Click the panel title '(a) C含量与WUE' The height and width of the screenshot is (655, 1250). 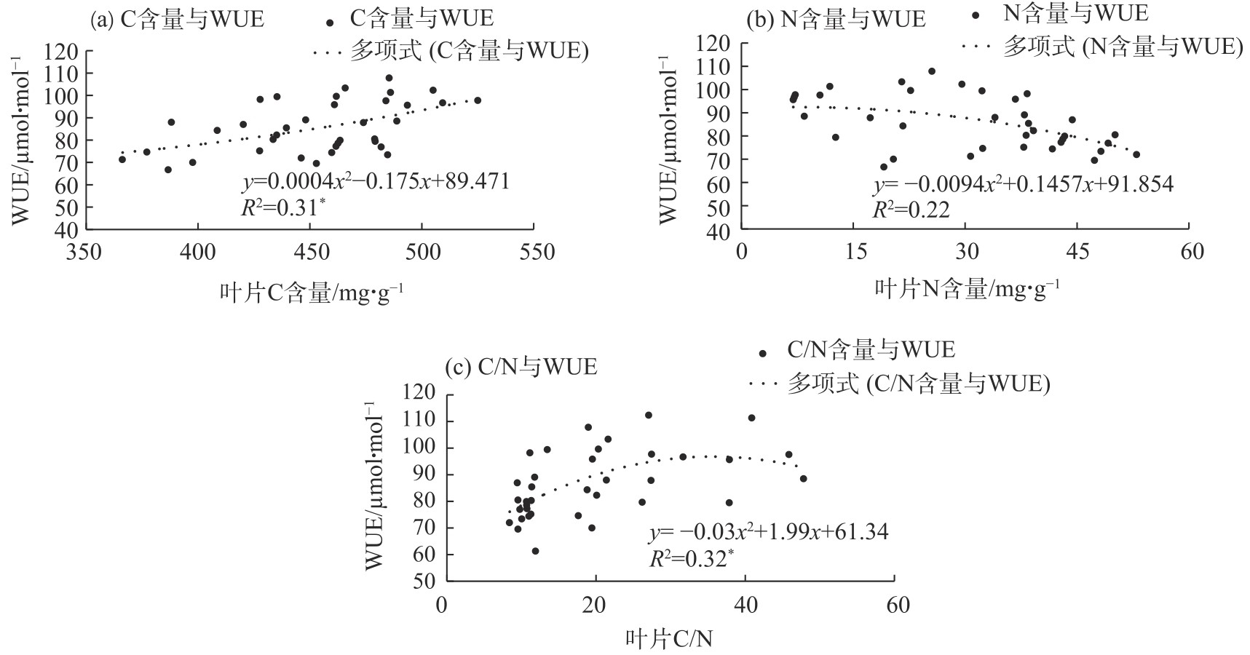click(177, 20)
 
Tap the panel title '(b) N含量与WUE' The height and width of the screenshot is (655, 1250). click(836, 20)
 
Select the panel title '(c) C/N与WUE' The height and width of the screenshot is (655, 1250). click(521, 367)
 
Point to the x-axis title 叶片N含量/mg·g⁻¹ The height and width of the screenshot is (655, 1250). click(967, 289)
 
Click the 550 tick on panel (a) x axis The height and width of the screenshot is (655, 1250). click(534, 253)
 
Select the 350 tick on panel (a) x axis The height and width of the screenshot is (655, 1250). click(84, 253)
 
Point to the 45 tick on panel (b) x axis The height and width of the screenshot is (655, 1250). click(1078, 252)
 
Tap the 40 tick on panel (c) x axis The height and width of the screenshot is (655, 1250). click(744, 605)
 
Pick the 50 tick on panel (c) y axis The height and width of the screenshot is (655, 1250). click(422, 581)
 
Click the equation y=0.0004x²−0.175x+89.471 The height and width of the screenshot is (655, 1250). click(376, 182)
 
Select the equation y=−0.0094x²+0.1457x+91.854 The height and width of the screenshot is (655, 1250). click(1023, 185)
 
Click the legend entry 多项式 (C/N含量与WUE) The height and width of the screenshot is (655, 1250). click(918, 384)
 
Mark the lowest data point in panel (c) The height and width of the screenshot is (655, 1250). click(535, 551)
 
